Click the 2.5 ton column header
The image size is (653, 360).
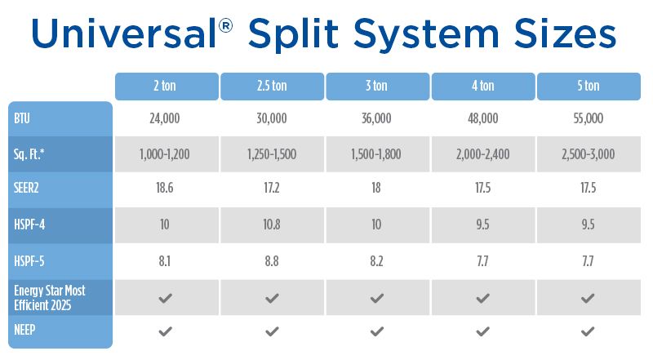(x=272, y=86)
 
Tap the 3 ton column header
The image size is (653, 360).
(x=377, y=86)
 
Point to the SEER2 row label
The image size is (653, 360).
(x=28, y=187)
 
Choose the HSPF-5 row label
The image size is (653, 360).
(x=30, y=261)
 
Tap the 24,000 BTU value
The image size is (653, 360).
(x=167, y=118)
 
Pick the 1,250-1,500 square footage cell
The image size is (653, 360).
(x=272, y=153)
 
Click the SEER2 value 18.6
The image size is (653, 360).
(x=167, y=187)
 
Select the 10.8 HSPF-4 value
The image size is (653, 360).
(x=272, y=224)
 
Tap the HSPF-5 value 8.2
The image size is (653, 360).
(x=377, y=261)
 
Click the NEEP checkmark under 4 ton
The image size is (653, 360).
(x=482, y=331)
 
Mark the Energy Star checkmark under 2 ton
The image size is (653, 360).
(x=167, y=298)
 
